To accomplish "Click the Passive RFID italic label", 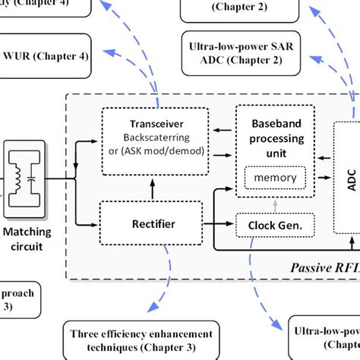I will tap(323, 290).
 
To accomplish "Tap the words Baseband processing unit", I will tap(272, 139).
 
